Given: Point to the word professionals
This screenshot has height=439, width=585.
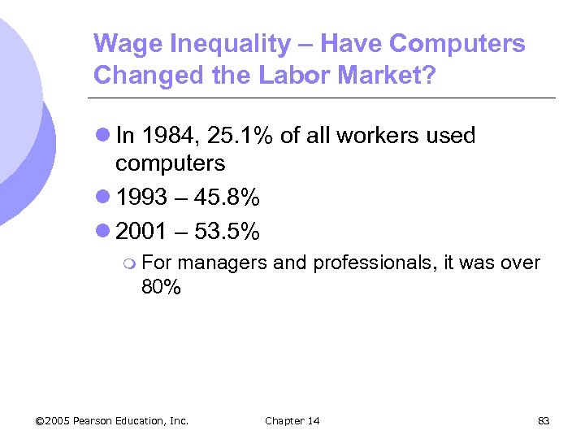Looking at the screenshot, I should tap(373, 263).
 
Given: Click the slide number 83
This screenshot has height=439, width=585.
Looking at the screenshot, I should tap(544, 420).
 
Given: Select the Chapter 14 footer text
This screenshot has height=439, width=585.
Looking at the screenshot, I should tap(292, 420).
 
